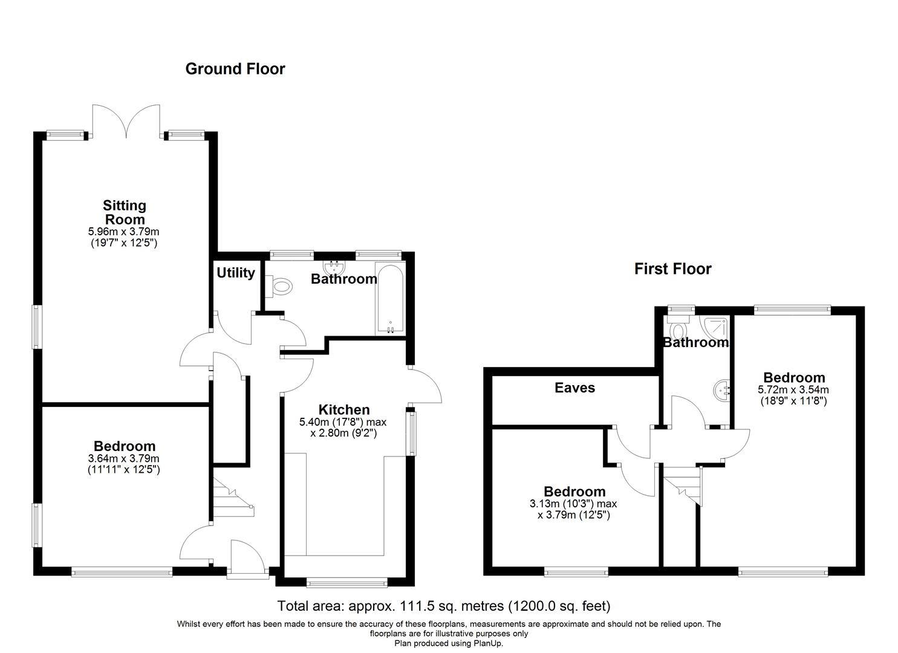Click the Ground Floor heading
coord(235,69)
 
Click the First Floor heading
coord(672,269)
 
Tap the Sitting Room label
coord(125,212)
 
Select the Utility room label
coord(236,273)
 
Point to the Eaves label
coord(574,388)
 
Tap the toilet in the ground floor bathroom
coord(280,287)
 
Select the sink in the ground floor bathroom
coord(333,268)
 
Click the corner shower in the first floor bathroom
coord(716,326)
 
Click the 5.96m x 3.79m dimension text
coord(124,232)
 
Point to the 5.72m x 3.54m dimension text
coord(793,390)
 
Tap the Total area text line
coord(443,605)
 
